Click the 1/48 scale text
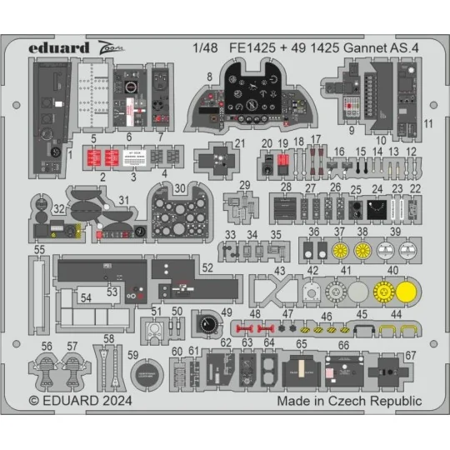202,47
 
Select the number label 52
207,267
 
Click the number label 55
39,249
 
